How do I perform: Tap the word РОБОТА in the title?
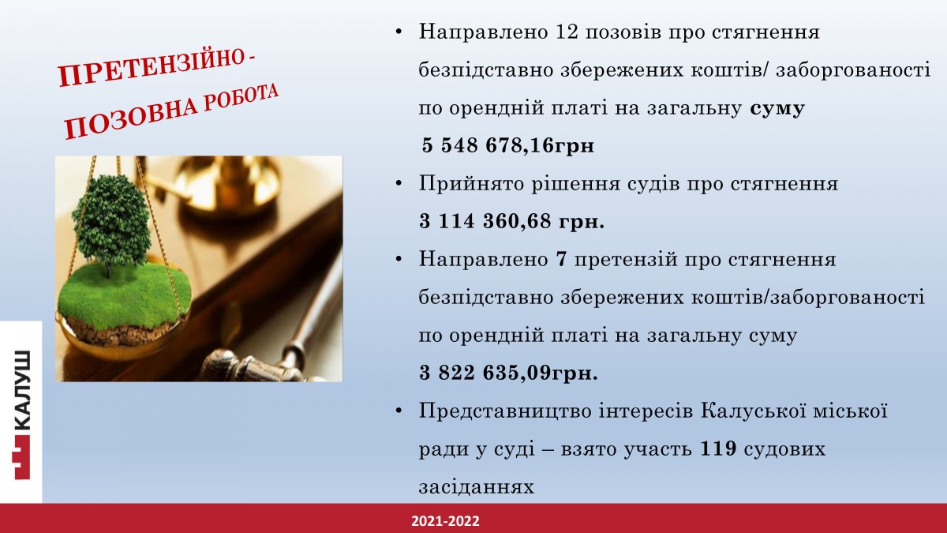[241, 100]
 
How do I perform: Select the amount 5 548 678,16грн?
[507, 145]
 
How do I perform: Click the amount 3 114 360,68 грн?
[511, 221]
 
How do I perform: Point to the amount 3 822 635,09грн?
[508, 373]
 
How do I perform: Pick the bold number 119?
[718, 449]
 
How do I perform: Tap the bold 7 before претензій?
[561, 259]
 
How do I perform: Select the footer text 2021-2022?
[445, 521]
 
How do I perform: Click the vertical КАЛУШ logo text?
[21, 390]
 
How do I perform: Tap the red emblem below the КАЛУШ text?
[21, 457]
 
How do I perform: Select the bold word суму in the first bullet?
[777, 108]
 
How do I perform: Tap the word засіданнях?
[477, 487]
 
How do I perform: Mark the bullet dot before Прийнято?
[399, 184]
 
